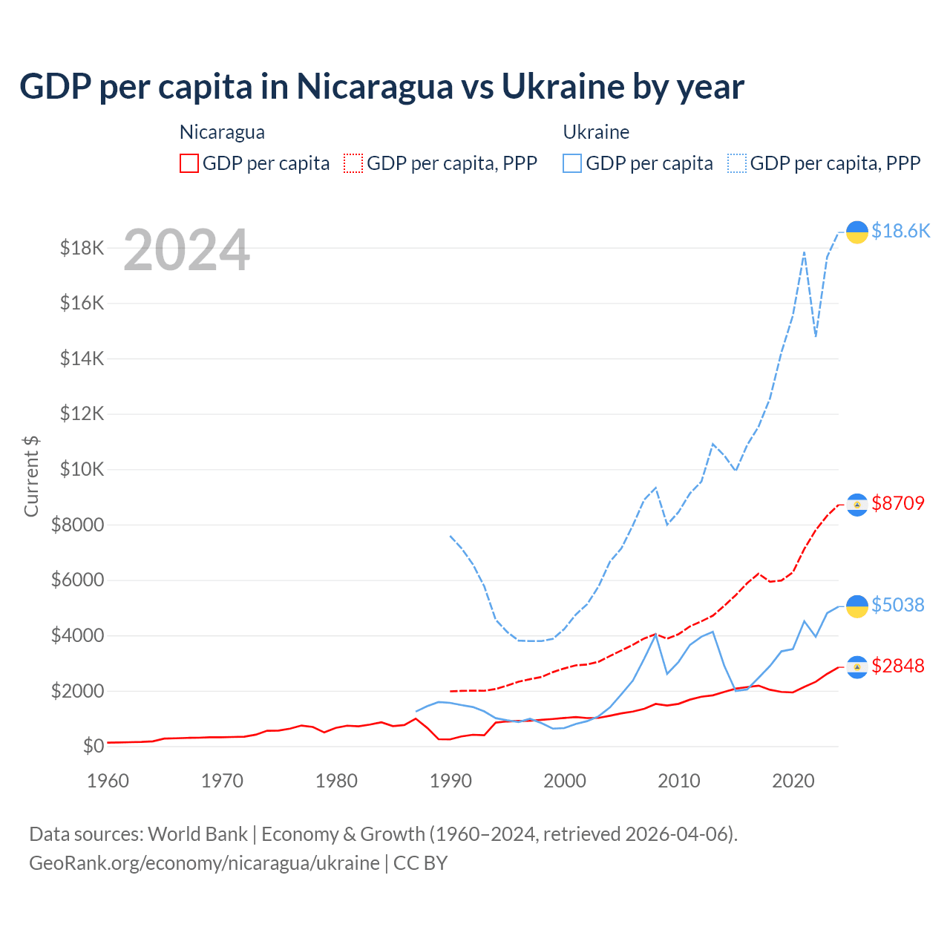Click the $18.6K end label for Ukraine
[x=900, y=231]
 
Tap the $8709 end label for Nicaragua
[x=898, y=503]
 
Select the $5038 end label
[x=898, y=605]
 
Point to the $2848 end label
[x=898, y=666]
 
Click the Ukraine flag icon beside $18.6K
[x=857, y=232]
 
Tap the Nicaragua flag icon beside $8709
[x=857, y=505]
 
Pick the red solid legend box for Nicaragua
[x=189, y=163]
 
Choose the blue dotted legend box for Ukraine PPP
[x=737, y=163]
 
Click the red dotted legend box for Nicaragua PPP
[x=353, y=163]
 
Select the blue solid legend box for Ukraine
[x=572, y=163]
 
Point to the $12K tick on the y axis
[x=82, y=413]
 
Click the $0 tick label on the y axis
[x=94, y=746]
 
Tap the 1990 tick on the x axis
[x=451, y=781]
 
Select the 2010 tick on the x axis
[x=679, y=781]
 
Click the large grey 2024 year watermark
[x=186, y=250]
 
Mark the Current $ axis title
[x=31, y=476]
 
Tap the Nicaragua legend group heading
[x=222, y=132]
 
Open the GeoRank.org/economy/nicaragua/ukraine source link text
[x=204, y=863]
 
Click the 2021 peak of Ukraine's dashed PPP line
[x=804, y=252]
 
